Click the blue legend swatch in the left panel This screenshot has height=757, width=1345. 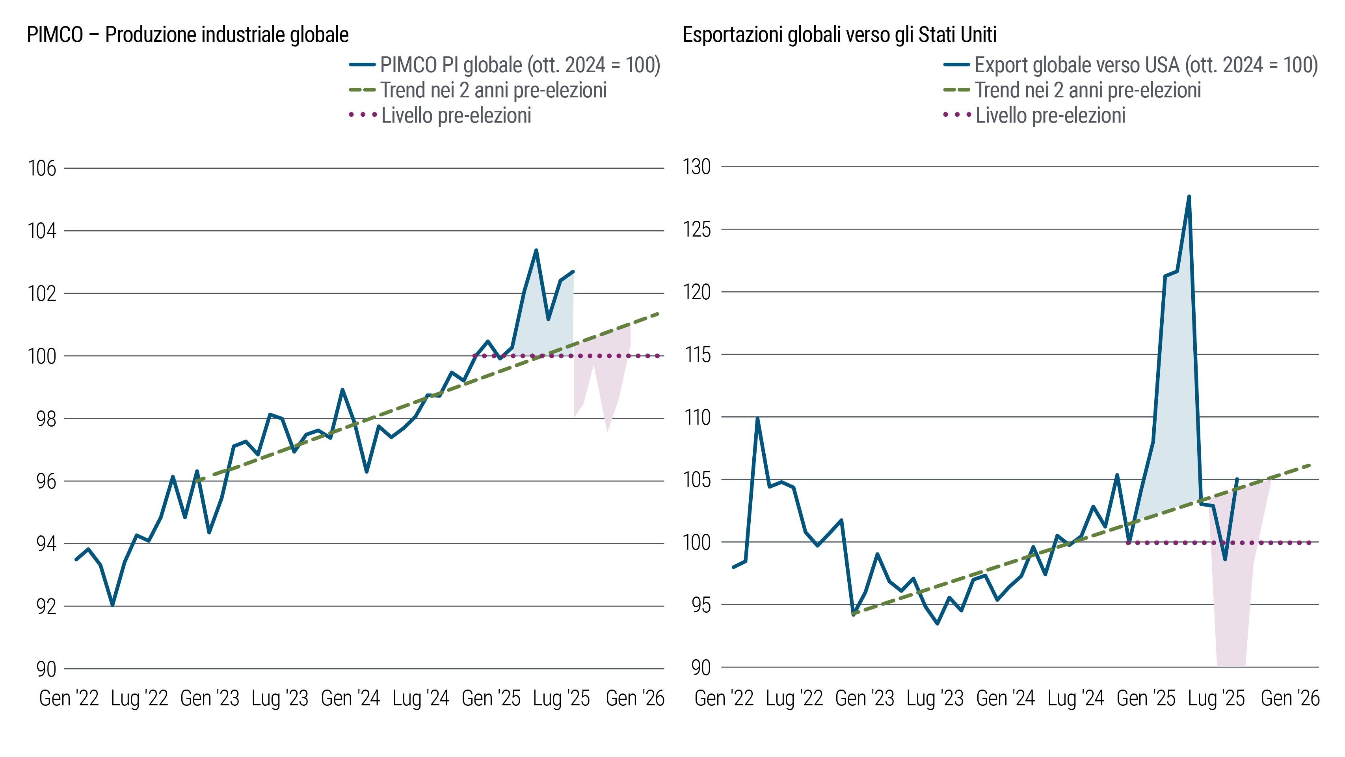(365, 65)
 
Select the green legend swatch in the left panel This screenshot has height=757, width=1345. (366, 90)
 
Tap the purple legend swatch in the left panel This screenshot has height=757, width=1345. (365, 114)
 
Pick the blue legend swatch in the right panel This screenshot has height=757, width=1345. (959, 65)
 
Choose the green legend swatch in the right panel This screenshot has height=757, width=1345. (961, 90)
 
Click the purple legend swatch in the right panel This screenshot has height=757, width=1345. (960, 114)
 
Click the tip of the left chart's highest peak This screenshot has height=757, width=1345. (536, 260)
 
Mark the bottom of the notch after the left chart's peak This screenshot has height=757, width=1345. (548, 319)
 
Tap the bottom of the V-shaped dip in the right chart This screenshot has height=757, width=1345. (1225, 560)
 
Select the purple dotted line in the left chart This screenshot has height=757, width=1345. (574, 356)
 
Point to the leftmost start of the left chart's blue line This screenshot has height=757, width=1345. (76, 559)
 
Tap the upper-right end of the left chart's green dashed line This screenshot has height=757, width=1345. (657, 313)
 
